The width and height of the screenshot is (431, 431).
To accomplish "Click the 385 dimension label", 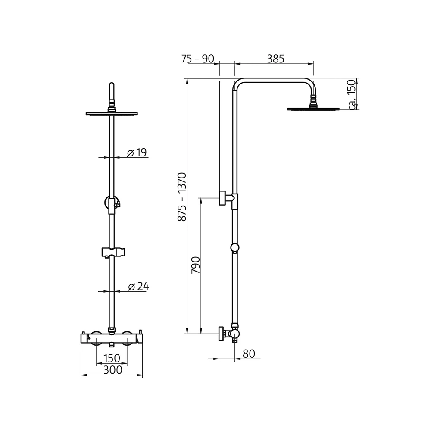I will (x=275, y=59).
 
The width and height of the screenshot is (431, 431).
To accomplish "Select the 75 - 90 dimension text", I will (x=197, y=59).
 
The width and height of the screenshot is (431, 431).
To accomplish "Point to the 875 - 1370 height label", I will (x=182, y=197).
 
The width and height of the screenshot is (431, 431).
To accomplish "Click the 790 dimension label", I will (x=196, y=266).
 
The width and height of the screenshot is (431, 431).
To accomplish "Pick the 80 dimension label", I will (x=249, y=353).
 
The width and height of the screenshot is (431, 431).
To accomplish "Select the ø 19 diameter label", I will (x=137, y=152).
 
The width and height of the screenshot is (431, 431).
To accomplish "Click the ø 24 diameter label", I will (x=138, y=286).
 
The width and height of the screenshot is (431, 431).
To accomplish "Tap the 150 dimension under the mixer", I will (x=112, y=358).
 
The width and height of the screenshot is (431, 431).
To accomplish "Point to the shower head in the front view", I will (x=112, y=114).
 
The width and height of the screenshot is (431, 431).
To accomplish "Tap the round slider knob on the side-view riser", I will (x=235, y=247).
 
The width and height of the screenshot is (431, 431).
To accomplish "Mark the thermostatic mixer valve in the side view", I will (x=233, y=334).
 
